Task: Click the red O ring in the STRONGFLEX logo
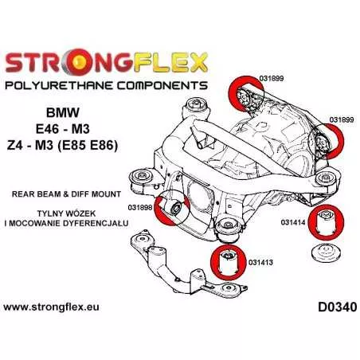[76, 62]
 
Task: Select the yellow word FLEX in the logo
[170, 62]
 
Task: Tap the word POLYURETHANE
[59, 86]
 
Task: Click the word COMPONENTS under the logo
[162, 86]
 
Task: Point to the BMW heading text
[63, 112]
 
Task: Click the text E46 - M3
[63, 129]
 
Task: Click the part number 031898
[140, 208]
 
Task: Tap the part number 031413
[260, 263]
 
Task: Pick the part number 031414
[293, 222]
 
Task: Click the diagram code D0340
[338, 307]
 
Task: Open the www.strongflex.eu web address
[51, 307]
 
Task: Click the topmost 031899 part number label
[271, 78]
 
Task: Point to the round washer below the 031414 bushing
[326, 252]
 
